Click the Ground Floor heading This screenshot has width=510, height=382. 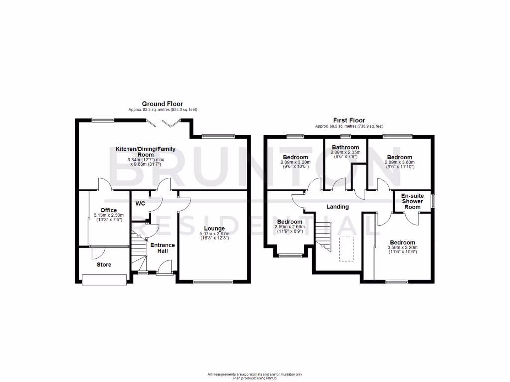pyautogui.click(x=162, y=104)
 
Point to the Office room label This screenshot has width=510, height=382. pyautogui.click(x=108, y=210)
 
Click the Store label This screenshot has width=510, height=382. pyautogui.click(x=104, y=265)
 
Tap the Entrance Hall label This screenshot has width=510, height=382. pyautogui.click(x=162, y=248)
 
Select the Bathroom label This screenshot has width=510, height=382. pyautogui.click(x=346, y=147)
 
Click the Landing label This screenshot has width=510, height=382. pyautogui.click(x=337, y=207)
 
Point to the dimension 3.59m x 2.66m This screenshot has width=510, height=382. pyautogui.click(x=289, y=227)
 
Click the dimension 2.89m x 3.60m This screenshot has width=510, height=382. pyautogui.click(x=399, y=162)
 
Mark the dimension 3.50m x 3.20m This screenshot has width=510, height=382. pyautogui.click(x=402, y=247)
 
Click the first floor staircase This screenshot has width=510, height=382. pyautogui.click(x=323, y=236)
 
